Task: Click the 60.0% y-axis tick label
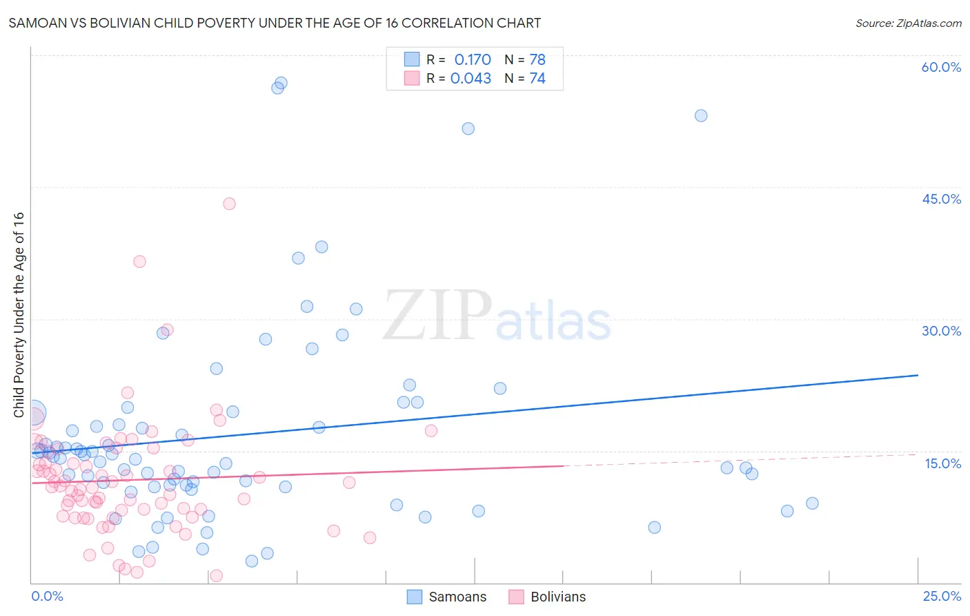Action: point(941,67)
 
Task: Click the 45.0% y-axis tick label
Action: point(941,199)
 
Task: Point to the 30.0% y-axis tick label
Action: point(941,331)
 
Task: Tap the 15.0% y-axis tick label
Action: point(942,463)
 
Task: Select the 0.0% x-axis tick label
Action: point(47,596)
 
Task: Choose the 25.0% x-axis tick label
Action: point(942,596)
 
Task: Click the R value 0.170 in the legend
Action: point(473,59)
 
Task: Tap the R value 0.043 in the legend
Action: point(471,78)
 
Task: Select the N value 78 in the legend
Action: point(537,59)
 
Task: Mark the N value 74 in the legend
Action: point(537,78)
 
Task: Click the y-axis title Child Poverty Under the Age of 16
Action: point(19,314)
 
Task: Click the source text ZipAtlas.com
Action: point(909,23)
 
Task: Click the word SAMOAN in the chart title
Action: point(34,23)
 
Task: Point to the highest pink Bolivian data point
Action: point(229,204)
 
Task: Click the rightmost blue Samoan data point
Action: point(812,503)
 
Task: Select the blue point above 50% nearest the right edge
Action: point(701,115)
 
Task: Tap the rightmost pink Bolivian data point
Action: point(431,431)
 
